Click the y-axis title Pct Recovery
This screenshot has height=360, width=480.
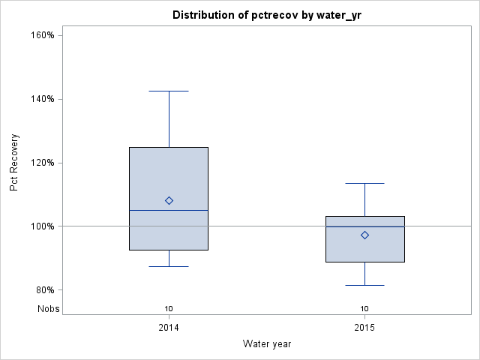click(14, 163)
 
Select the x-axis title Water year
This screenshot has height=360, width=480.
click(267, 343)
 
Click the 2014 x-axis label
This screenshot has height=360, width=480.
click(169, 328)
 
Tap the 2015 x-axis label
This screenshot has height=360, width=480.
click(364, 328)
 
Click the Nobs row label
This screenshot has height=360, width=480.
click(48, 309)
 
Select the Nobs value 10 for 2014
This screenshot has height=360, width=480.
click(169, 309)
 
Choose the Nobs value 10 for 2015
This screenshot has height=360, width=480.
click(364, 309)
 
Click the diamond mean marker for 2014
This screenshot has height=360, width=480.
click(169, 200)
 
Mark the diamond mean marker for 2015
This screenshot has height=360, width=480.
click(364, 235)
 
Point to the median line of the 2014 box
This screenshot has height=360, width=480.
click(169, 210)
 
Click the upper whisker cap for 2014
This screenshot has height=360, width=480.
click(169, 91)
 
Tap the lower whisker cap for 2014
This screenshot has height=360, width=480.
click(169, 266)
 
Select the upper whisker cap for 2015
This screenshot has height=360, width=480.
click(364, 183)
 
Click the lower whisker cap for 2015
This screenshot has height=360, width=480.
click(364, 285)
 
